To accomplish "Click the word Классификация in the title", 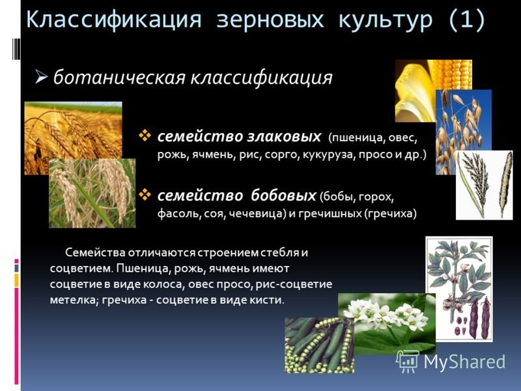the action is click(x=113, y=20).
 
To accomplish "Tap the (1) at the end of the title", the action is click(x=467, y=20).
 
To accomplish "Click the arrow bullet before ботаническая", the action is click(x=42, y=77).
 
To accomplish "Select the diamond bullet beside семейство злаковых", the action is click(x=145, y=136).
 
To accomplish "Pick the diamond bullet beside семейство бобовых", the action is click(x=145, y=194).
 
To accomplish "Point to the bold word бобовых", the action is click(x=283, y=195).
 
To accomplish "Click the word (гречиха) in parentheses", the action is click(x=390, y=213).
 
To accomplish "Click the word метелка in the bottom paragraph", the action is click(x=73, y=300).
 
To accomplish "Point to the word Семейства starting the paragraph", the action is click(x=95, y=252).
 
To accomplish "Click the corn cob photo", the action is click(x=433, y=91).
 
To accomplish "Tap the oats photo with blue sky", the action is click(x=463, y=132).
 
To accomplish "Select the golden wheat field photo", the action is click(x=73, y=138).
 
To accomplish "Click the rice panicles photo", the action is click(x=92, y=193).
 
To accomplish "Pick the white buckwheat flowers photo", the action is click(x=387, y=323).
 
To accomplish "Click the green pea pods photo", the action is click(x=319, y=345).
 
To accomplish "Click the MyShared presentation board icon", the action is click(x=408, y=362).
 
